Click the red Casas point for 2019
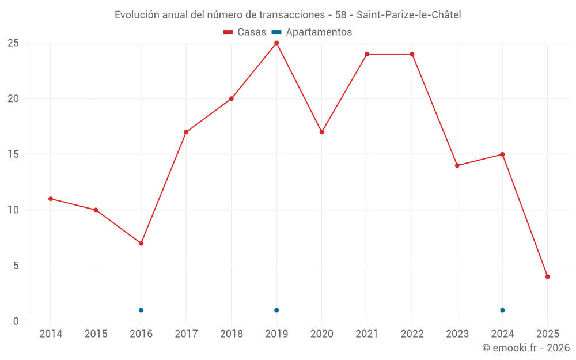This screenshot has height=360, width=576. tap(276, 43)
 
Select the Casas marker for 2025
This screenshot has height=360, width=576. tap(548, 276)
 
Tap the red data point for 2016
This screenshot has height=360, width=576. tap(141, 243)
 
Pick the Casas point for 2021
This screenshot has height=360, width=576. tap(367, 54)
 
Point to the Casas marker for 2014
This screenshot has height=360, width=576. tap(51, 199)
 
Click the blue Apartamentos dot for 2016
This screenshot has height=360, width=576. tap(141, 310)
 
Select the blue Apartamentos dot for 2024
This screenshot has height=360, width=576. tap(502, 310)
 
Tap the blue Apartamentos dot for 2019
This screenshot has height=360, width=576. tap(276, 310)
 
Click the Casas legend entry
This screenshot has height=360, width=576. tap(245, 32)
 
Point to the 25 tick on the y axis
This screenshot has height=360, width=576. tap(13, 43)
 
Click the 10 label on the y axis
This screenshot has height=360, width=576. tap(13, 210)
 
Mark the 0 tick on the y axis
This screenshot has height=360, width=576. tap(16, 321)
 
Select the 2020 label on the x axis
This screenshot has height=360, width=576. tap(321, 334)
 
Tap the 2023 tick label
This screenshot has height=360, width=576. tap(457, 334)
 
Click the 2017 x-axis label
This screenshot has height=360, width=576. tap(186, 334)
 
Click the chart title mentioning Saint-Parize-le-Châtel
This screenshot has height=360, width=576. tap(287, 15)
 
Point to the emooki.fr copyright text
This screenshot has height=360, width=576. tap(526, 348)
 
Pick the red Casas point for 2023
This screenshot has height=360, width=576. tap(457, 165)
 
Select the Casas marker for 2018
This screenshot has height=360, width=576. tap(232, 98)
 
